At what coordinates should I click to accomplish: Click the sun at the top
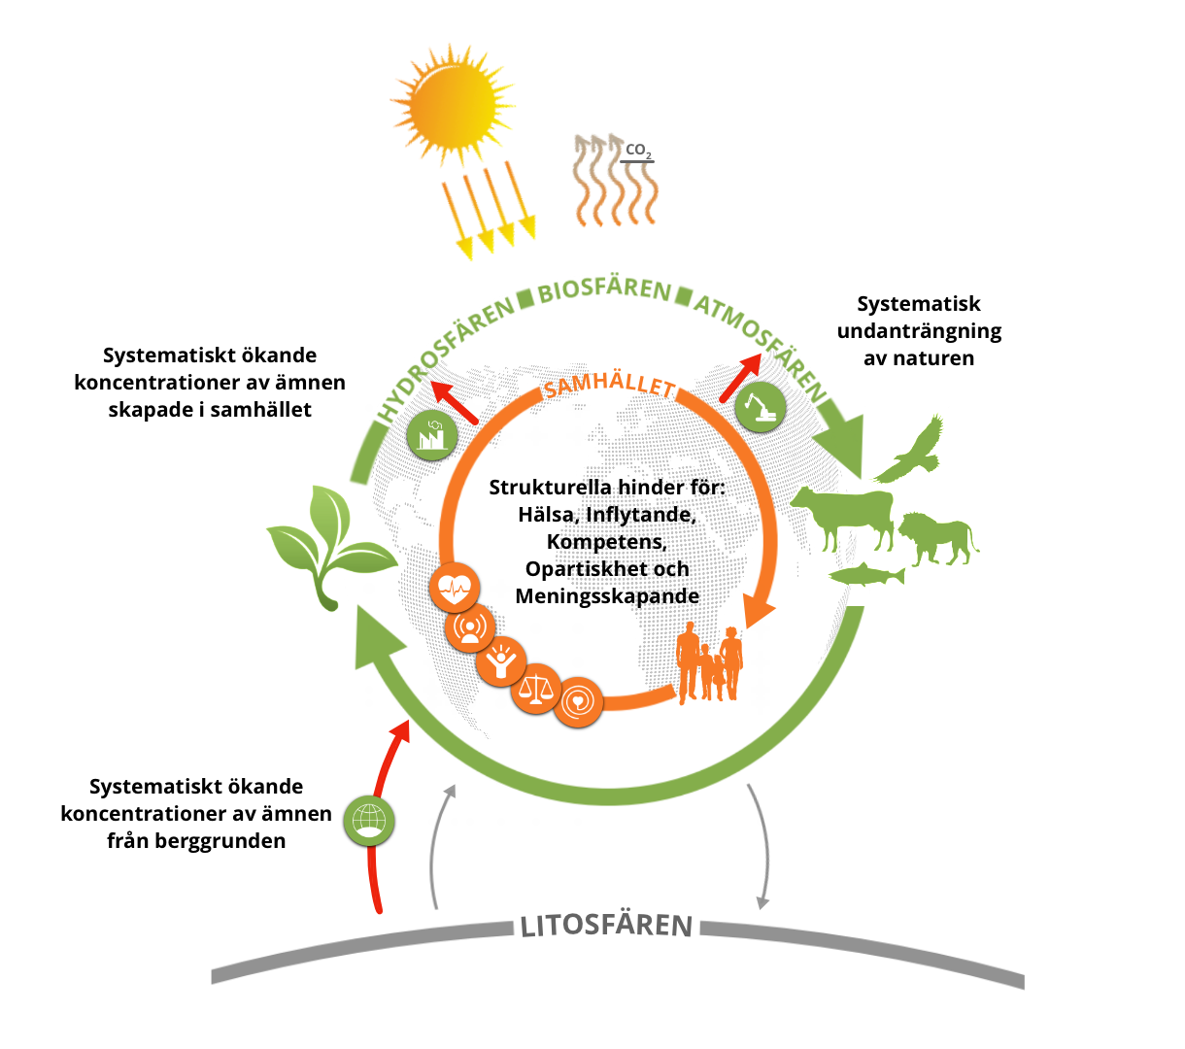coord(453,104)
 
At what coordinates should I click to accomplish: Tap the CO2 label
coord(637,151)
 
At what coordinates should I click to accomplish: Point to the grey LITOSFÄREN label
coord(606,926)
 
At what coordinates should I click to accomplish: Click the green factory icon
coord(431,434)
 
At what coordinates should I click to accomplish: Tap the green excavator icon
coord(760,407)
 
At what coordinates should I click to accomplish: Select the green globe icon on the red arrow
coord(368,820)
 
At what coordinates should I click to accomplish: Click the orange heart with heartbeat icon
coord(455,587)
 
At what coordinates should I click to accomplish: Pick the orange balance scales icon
coord(536,688)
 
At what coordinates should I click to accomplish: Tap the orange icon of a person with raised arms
coord(500,661)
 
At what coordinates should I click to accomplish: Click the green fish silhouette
coord(866,574)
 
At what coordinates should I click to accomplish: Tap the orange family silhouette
coord(709,661)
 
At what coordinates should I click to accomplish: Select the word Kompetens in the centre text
coord(606,542)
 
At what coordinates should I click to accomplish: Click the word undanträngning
coord(919,331)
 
